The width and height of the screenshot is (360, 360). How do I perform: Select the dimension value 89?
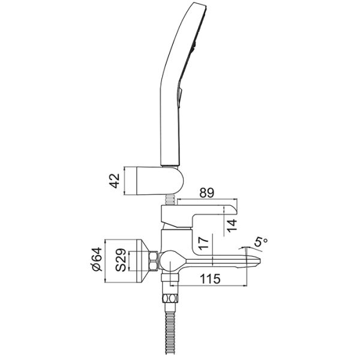[x=206, y=193]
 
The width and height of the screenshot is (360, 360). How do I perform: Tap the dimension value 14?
[x=231, y=226]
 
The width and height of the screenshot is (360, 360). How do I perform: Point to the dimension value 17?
[x=203, y=244]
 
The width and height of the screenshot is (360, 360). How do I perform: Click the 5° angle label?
[x=261, y=243]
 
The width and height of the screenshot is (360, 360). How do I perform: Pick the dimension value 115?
[x=210, y=279]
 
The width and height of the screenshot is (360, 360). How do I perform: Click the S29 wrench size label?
[x=121, y=260]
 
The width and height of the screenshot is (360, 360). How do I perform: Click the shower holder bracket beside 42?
[x=160, y=181]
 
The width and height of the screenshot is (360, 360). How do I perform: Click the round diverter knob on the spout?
[x=170, y=260]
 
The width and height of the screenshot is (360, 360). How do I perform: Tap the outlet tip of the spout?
[x=257, y=261]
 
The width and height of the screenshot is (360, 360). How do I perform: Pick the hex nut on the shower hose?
[x=170, y=299]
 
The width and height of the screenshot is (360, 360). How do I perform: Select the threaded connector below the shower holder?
[x=170, y=199]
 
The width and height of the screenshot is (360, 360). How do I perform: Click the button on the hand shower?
[x=180, y=94]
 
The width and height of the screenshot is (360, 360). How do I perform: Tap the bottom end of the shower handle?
[x=170, y=165]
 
